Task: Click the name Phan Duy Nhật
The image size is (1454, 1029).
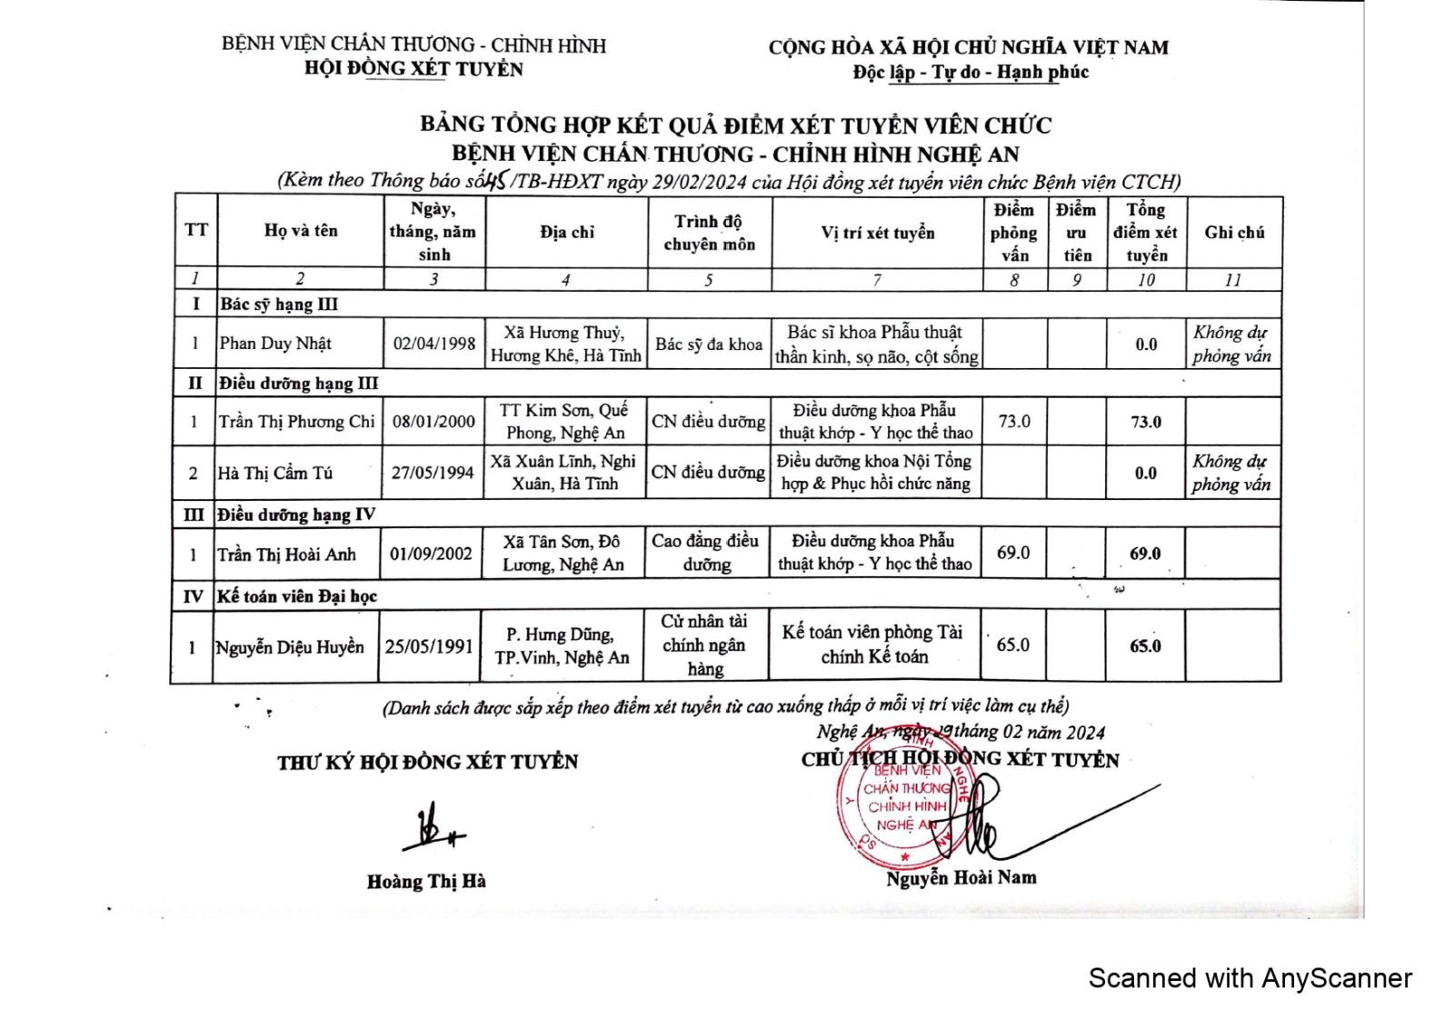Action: coord(275,344)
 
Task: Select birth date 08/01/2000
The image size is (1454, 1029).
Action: coord(433,422)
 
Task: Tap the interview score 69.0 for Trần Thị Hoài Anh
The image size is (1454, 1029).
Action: coord(1012,553)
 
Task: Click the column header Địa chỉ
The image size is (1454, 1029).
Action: coord(567,232)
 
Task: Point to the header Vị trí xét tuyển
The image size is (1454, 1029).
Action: coord(877,233)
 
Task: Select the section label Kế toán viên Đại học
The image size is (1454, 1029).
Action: coord(296,596)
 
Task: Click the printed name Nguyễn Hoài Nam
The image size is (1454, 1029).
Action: coord(961,878)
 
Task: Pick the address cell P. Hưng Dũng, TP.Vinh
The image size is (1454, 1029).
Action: coord(562,646)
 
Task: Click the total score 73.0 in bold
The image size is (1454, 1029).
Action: coord(1145,422)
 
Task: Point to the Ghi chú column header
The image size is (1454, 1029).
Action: coord(1234,233)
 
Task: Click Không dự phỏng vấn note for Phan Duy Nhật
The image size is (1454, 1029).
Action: coord(1231,345)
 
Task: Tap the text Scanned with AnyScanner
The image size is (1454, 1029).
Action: coord(1250,978)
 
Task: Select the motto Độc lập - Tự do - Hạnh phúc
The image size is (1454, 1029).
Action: coord(970,73)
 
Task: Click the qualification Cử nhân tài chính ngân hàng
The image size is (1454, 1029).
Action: coord(704,645)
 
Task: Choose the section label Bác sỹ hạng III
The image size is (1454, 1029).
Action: coord(278,305)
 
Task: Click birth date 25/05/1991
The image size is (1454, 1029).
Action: coord(429,646)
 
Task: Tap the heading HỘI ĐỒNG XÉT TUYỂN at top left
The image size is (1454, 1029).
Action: coord(413,69)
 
